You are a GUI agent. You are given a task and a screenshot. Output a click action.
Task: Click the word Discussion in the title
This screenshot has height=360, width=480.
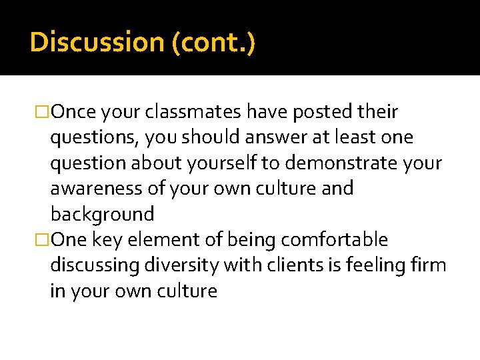(x=97, y=43)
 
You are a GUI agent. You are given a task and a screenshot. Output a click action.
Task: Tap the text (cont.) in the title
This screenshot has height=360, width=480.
(x=213, y=43)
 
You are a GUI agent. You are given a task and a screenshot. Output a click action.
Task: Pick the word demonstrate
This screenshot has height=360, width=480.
(x=334, y=163)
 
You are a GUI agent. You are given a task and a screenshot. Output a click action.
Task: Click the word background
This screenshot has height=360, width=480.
(x=102, y=215)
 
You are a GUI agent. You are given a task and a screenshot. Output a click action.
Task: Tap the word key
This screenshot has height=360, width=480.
(x=107, y=240)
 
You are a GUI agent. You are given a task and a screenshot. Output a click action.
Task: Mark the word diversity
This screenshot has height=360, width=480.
(x=185, y=265)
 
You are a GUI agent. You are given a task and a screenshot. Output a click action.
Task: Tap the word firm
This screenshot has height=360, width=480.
(x=428, y=265)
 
